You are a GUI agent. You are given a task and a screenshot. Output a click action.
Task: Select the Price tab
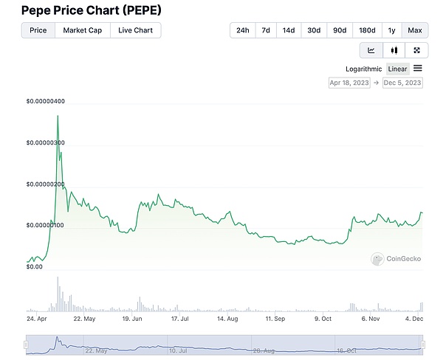coord(38,30)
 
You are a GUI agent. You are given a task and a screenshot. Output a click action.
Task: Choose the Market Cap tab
coord(83,30)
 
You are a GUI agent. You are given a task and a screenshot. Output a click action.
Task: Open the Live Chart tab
coord(135,30)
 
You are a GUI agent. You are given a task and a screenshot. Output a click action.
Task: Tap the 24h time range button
coord(242,30)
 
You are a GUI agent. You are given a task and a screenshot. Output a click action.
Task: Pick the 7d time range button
coord(266,30)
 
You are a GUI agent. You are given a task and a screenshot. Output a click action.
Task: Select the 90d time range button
coord(340,30)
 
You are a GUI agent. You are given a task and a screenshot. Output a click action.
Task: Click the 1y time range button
coord(391,30)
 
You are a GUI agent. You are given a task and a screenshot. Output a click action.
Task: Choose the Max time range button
coord(415,30)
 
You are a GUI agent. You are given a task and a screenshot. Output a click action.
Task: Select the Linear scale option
coord(398,69)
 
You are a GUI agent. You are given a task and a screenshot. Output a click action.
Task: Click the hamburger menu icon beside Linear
coord(418,68)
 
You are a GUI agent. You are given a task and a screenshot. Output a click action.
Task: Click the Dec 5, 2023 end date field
coord(402,83)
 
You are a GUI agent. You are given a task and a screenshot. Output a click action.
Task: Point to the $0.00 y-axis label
coord(34,267)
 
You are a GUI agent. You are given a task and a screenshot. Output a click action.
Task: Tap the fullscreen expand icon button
coord(416,50)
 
